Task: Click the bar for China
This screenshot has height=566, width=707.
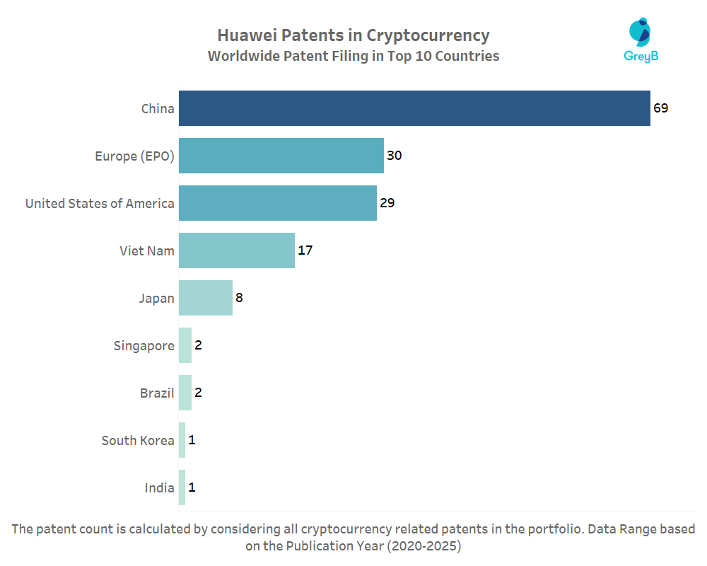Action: click(x=414, y=108)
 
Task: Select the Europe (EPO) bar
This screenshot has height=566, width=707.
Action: click(x=281, y=156)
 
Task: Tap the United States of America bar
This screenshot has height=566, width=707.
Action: click(x=278, y=203)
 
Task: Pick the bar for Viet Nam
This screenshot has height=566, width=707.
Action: click(x=237, y=250)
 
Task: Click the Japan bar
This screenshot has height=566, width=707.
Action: click(x=206, y=298)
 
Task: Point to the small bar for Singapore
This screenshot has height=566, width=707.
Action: click(x=185, y=345)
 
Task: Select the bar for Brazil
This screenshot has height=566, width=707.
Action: click(x=185, y=393)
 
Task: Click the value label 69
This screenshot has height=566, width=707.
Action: click(x=660, y=108)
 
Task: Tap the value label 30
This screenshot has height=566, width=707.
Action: click(x=394, y=156)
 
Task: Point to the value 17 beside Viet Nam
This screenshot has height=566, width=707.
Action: click(x=305, y=250)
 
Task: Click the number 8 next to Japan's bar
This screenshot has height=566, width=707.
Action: click(x=239, y=298)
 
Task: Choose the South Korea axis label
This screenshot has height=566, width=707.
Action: click(x=138, y=440)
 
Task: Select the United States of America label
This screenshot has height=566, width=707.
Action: click(x=100, y=203)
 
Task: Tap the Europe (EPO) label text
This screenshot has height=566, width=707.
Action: click(x=134, y=156)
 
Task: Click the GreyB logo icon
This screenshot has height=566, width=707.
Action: click(x=640, y=33)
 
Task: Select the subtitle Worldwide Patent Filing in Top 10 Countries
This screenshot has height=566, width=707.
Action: click(x=353, y=56)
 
